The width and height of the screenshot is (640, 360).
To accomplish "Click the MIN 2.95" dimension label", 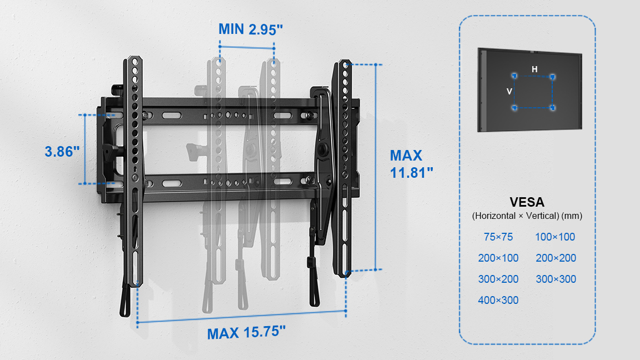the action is [251, 29].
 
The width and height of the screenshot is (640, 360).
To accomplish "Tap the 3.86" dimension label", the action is [62, 152].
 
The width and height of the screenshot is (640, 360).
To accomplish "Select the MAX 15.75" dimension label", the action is [247, 333].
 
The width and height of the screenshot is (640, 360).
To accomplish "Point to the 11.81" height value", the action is [412, 173].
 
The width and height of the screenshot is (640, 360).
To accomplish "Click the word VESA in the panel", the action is [527, 202].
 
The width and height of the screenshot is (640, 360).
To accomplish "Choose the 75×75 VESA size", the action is [498, 237].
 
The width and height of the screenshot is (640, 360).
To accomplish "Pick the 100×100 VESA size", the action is [555, 237].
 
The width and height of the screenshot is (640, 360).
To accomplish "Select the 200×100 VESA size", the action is [498, 258].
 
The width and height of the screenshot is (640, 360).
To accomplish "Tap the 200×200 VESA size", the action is [556, 258].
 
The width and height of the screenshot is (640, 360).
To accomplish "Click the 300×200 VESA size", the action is [498, 279].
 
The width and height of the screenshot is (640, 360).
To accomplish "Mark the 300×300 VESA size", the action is [556, 279].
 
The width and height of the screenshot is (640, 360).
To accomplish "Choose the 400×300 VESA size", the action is [498, 301].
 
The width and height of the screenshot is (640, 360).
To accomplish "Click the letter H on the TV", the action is [534, 69].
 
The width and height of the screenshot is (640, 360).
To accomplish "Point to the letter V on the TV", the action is [509, 92].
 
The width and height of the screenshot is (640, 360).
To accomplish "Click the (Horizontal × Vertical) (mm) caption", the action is [527, 216].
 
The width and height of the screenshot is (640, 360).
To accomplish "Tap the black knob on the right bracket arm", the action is [324, 149].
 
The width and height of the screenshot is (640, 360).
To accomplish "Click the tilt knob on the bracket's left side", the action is [109, 152].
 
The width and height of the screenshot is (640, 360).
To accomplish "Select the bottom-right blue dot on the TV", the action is [553, 108].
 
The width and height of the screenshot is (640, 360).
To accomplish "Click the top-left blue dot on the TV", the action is [514, 76].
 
